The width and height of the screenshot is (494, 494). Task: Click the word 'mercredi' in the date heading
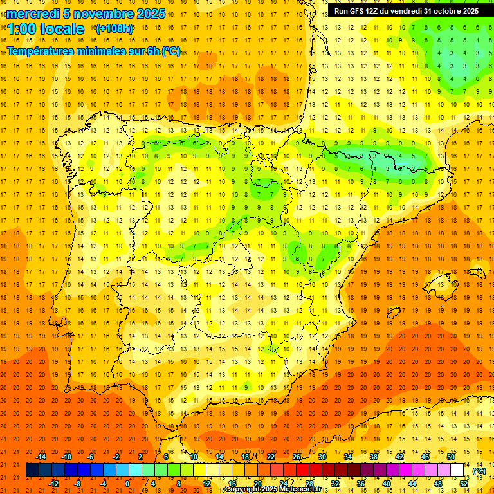[x=33, y=14]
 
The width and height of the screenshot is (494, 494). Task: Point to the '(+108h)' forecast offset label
[x=114, y=29]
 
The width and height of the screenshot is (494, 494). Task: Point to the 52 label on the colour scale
[x=464, y=484]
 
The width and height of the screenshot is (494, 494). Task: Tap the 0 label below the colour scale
[x=128, y=484]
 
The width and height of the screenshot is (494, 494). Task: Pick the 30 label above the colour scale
[x=322, y=457]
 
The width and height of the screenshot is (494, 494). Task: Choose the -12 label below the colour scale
[x=54, y=484]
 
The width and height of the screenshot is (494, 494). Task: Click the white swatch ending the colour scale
[x=457, y=470]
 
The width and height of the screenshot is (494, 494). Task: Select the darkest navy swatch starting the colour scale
[x=33, y=470]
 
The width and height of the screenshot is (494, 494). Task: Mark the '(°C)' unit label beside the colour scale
[x=479, y=471]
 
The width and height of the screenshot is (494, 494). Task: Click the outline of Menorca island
[x=477, y=272]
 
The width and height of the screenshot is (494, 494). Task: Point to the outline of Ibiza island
[x=394, y=314]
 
